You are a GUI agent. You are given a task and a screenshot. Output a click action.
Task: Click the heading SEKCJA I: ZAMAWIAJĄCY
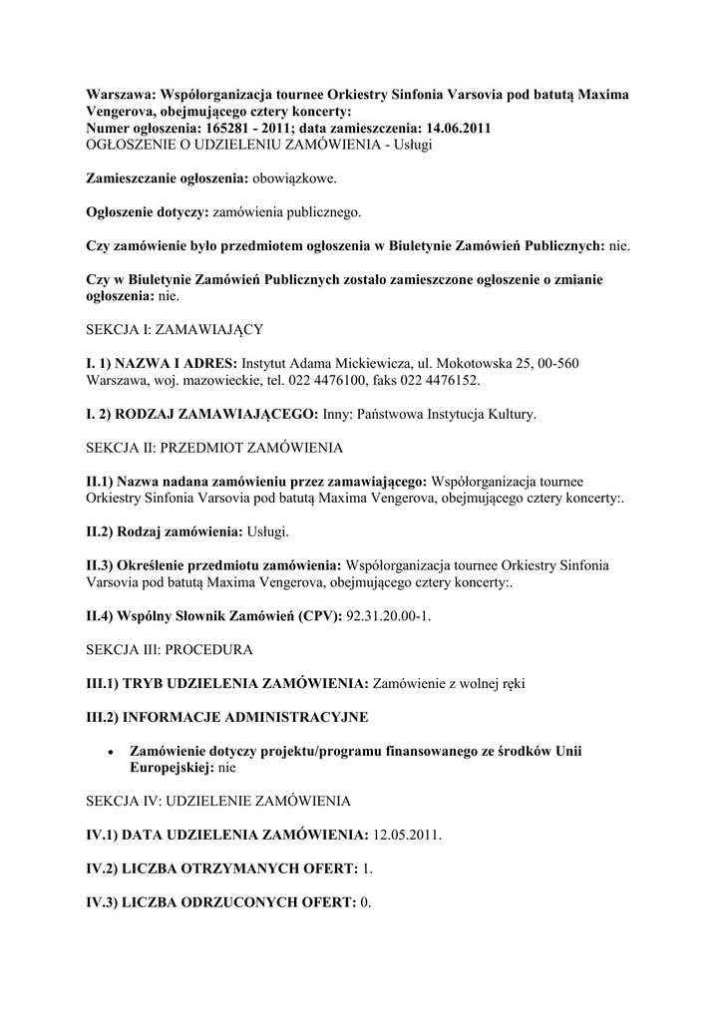tap(175, 329)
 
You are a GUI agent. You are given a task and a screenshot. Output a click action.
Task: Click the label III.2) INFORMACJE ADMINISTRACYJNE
tap(227, 717)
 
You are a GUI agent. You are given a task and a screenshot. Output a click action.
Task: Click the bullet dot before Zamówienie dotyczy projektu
tap(110, 752)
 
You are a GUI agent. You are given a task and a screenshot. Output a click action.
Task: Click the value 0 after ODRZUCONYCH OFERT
tap(365, 903)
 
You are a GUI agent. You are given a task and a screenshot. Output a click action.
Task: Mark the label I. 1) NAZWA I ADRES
tap(162, 363)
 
